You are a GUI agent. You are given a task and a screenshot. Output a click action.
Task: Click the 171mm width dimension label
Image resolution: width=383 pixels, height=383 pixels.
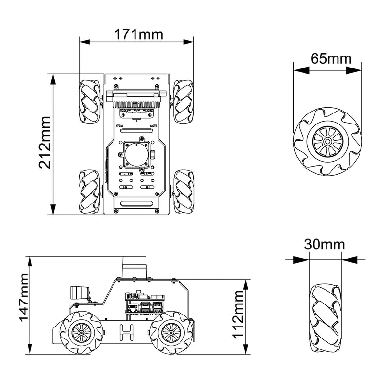click(x=138, y=34)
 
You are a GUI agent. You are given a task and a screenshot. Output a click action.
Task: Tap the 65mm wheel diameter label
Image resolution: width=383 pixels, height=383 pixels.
click(x=331, y=58)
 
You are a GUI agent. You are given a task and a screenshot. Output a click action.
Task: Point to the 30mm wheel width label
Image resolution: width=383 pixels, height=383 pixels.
click(x=325, y=244)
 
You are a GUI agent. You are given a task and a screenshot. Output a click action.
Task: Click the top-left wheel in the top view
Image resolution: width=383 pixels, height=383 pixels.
click(x=90, y=101)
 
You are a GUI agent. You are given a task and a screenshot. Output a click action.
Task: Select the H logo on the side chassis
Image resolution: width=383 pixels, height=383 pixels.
click(x=127, y=332)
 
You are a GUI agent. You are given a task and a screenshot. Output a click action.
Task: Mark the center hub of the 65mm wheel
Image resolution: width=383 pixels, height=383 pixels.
click(x=327, y=141)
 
